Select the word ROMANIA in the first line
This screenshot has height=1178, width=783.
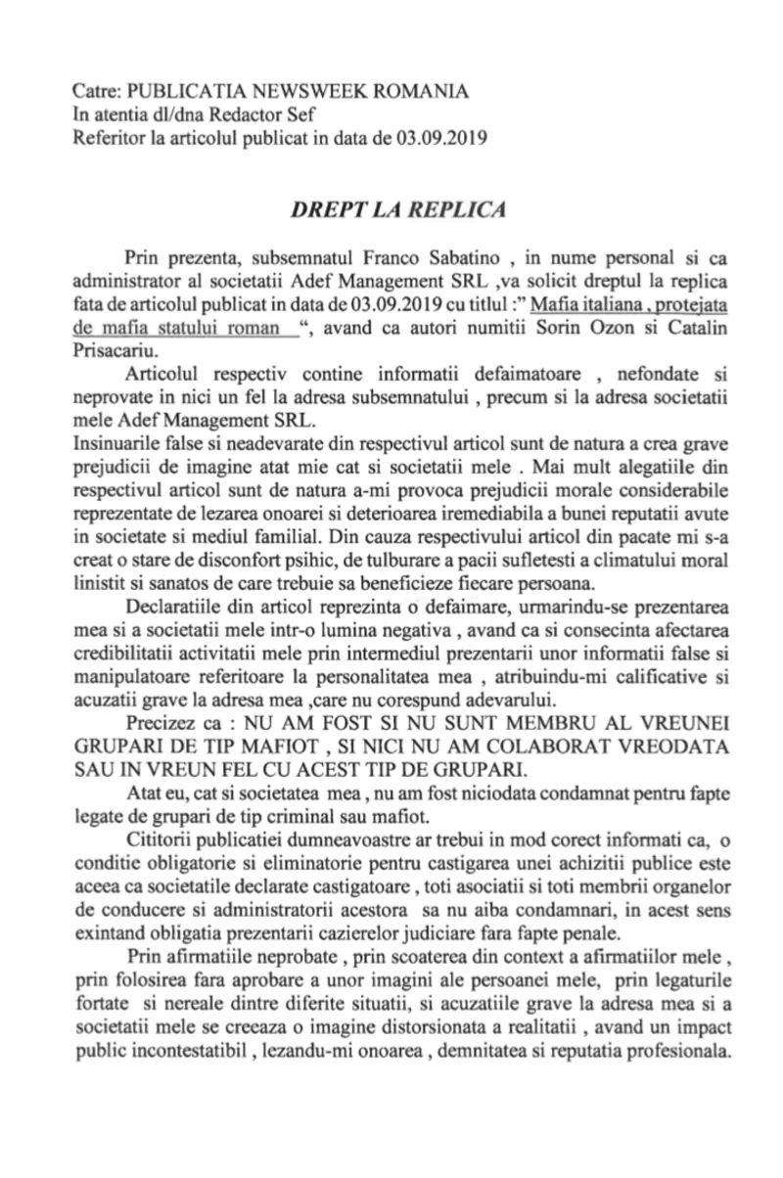point(420,91)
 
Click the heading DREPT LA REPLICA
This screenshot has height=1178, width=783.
point(391,209)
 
